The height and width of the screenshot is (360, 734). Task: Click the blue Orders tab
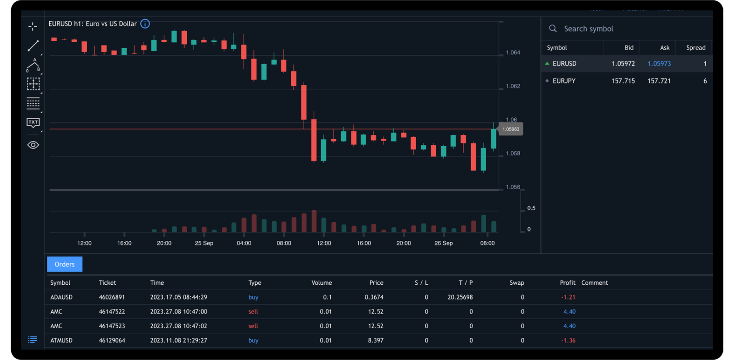click(65, 264)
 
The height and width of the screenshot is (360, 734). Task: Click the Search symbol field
click(589, 29)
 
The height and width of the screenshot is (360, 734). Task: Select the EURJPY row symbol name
click(564, 81)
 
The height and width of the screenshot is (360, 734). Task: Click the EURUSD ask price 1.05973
click(659, 64)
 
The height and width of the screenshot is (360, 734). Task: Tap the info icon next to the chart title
click(145, 24)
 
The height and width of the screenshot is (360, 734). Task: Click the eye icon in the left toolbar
click(33, 145)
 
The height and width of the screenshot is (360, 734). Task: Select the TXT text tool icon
click(33, 122)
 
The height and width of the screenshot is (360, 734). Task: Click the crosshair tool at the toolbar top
click(33, 27)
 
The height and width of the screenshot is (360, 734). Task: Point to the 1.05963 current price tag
click(511, 129)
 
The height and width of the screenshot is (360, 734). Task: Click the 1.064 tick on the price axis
click(513, 53)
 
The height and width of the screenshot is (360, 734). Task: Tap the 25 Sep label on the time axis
click(204, 243)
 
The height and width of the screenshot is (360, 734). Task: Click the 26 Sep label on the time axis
click(443, 243)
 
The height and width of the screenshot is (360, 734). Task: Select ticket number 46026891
click(112, 297)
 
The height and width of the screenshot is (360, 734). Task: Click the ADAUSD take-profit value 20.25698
click(460, 297)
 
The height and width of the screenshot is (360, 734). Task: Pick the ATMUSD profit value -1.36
click(568, 340)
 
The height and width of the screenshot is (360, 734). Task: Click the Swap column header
click(517, 283)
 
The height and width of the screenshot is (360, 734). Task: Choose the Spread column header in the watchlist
click(695, 48)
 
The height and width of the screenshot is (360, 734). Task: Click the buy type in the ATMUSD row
click(253, 340)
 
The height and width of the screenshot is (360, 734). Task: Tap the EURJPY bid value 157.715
click(623, 81)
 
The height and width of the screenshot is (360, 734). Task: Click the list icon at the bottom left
click(33, 340)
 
